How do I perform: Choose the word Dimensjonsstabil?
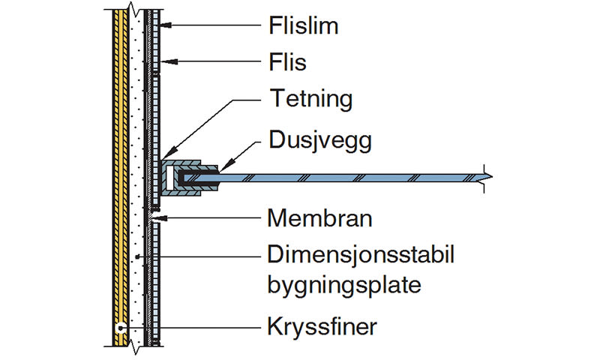coord(361,256)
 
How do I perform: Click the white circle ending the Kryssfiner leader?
coord(120,328)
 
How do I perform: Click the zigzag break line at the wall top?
coord(135,10)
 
